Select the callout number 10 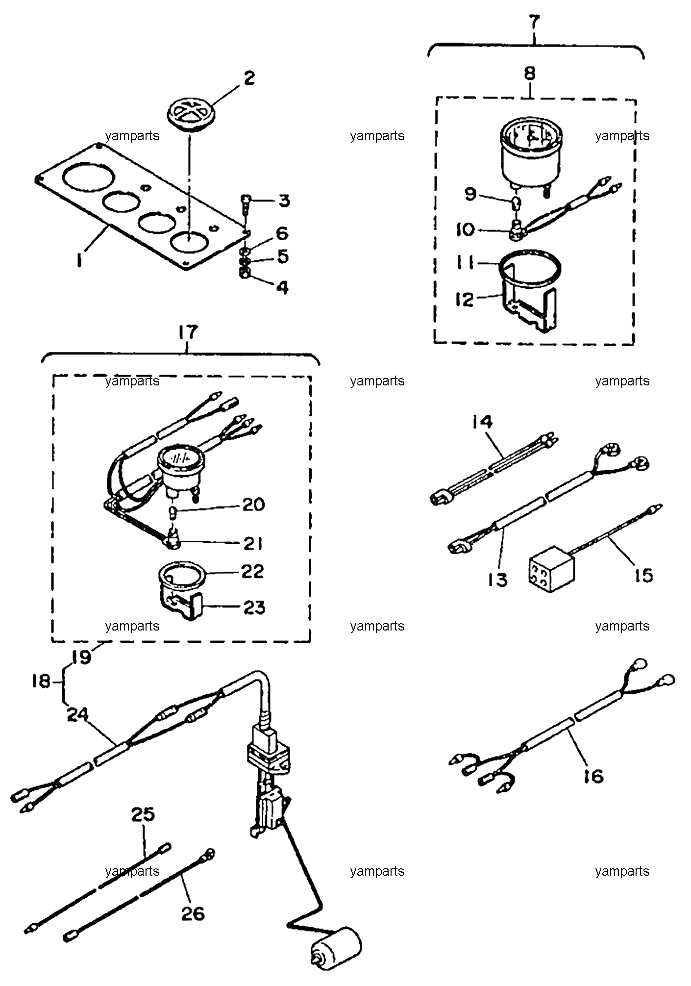coord(466,229)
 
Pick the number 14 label coord(483,422)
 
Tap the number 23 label coord(254,607)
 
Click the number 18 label coord(42,681)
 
